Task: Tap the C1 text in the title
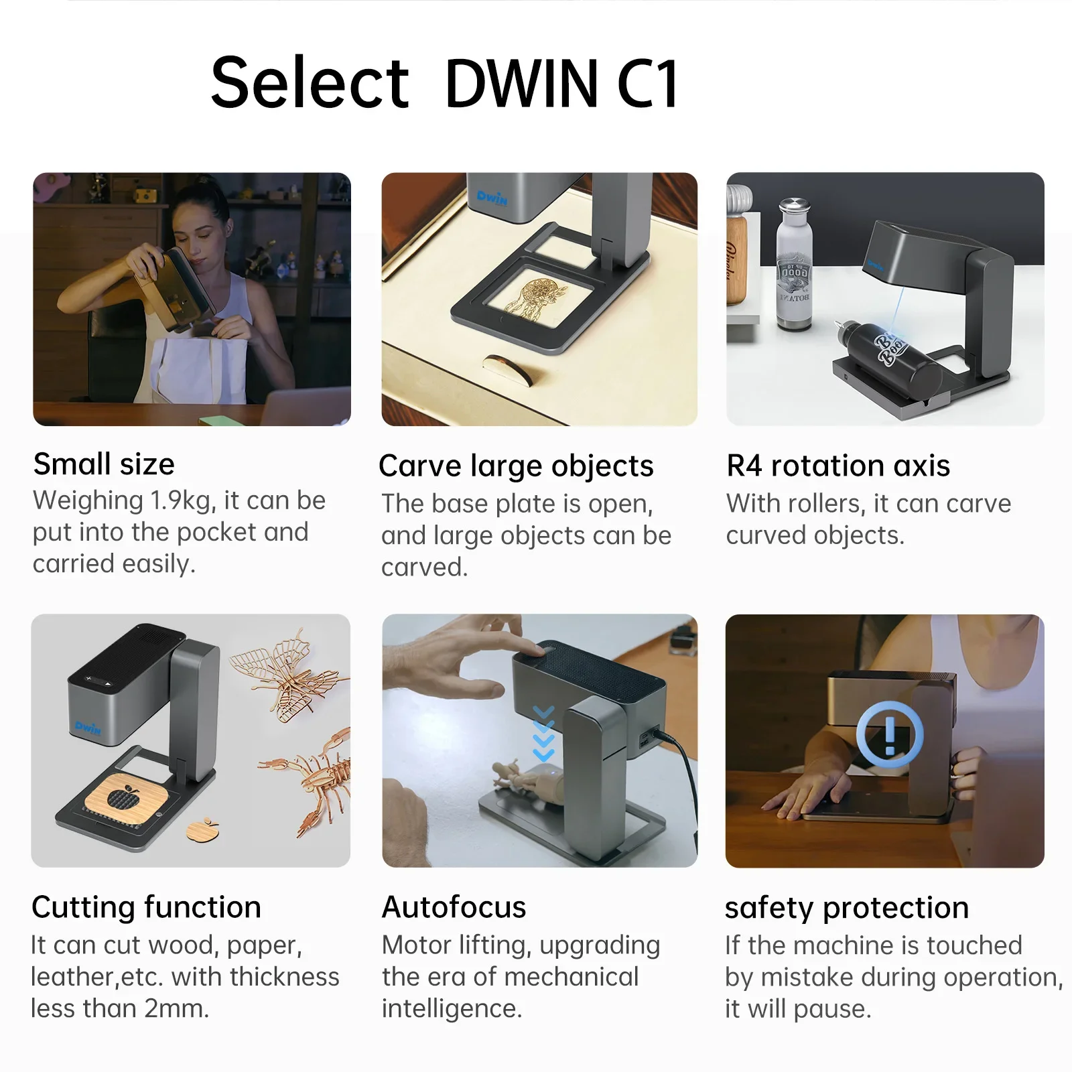click(647, 83)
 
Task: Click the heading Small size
click(104, 464)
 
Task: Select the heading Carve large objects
click(516, 466)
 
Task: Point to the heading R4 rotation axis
click(838, 466)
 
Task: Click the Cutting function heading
click(146, 907)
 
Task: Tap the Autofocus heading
click(454, 907)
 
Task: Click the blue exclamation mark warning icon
click(890, 735)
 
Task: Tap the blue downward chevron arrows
click(543, 734)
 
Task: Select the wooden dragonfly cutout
click(288, 673)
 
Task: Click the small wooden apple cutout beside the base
click(201, 829)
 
